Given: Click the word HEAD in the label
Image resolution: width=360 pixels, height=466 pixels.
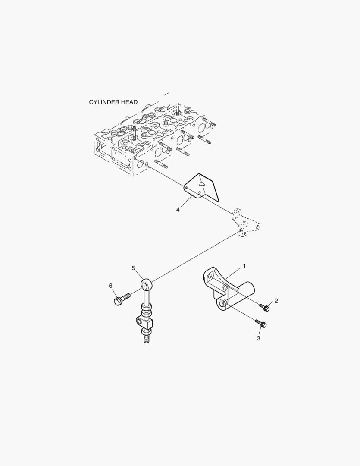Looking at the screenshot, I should click(x=128, y=102).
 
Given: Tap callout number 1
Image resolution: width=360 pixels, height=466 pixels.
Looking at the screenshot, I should click(x=244, y=266).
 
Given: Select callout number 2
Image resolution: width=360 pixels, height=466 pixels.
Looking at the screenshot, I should click(x=276, y=301).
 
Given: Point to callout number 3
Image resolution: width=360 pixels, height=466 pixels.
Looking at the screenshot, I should click(x=259, y=339).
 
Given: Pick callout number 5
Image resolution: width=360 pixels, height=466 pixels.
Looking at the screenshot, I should click(x=133, y=268).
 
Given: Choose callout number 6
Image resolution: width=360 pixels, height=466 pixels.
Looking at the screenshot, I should click(x=110, y=286).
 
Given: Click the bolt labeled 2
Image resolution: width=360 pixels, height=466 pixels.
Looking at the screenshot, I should click(x=264, y=307).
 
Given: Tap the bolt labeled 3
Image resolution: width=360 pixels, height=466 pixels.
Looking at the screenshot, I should click(x=260, y=323).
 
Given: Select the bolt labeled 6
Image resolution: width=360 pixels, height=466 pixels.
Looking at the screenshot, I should click(x=121, y=299).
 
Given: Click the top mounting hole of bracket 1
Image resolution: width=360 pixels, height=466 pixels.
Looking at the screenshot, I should click(x=210, y=274).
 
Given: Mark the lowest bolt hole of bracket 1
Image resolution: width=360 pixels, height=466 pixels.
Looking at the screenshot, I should click(x=223, y=305).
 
